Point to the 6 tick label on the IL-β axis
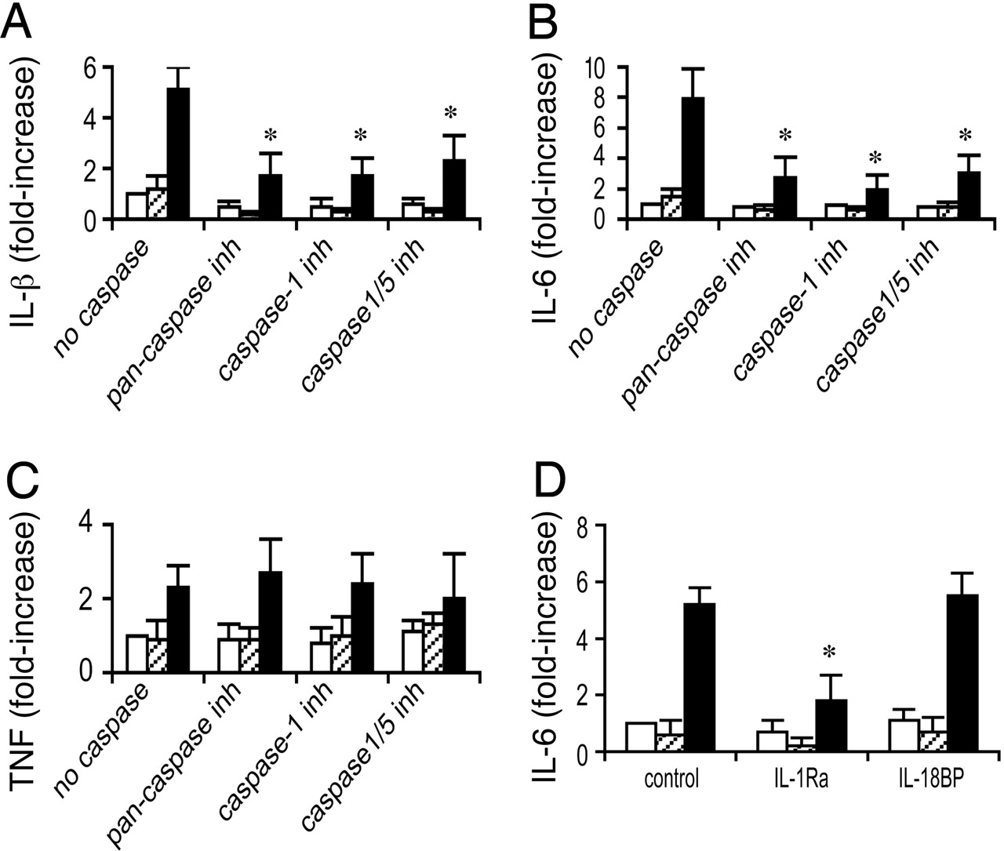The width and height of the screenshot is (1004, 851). click(92, 68)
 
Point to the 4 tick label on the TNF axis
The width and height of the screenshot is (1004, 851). click(92, 525)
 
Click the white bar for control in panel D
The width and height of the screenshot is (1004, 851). click(640, 737)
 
